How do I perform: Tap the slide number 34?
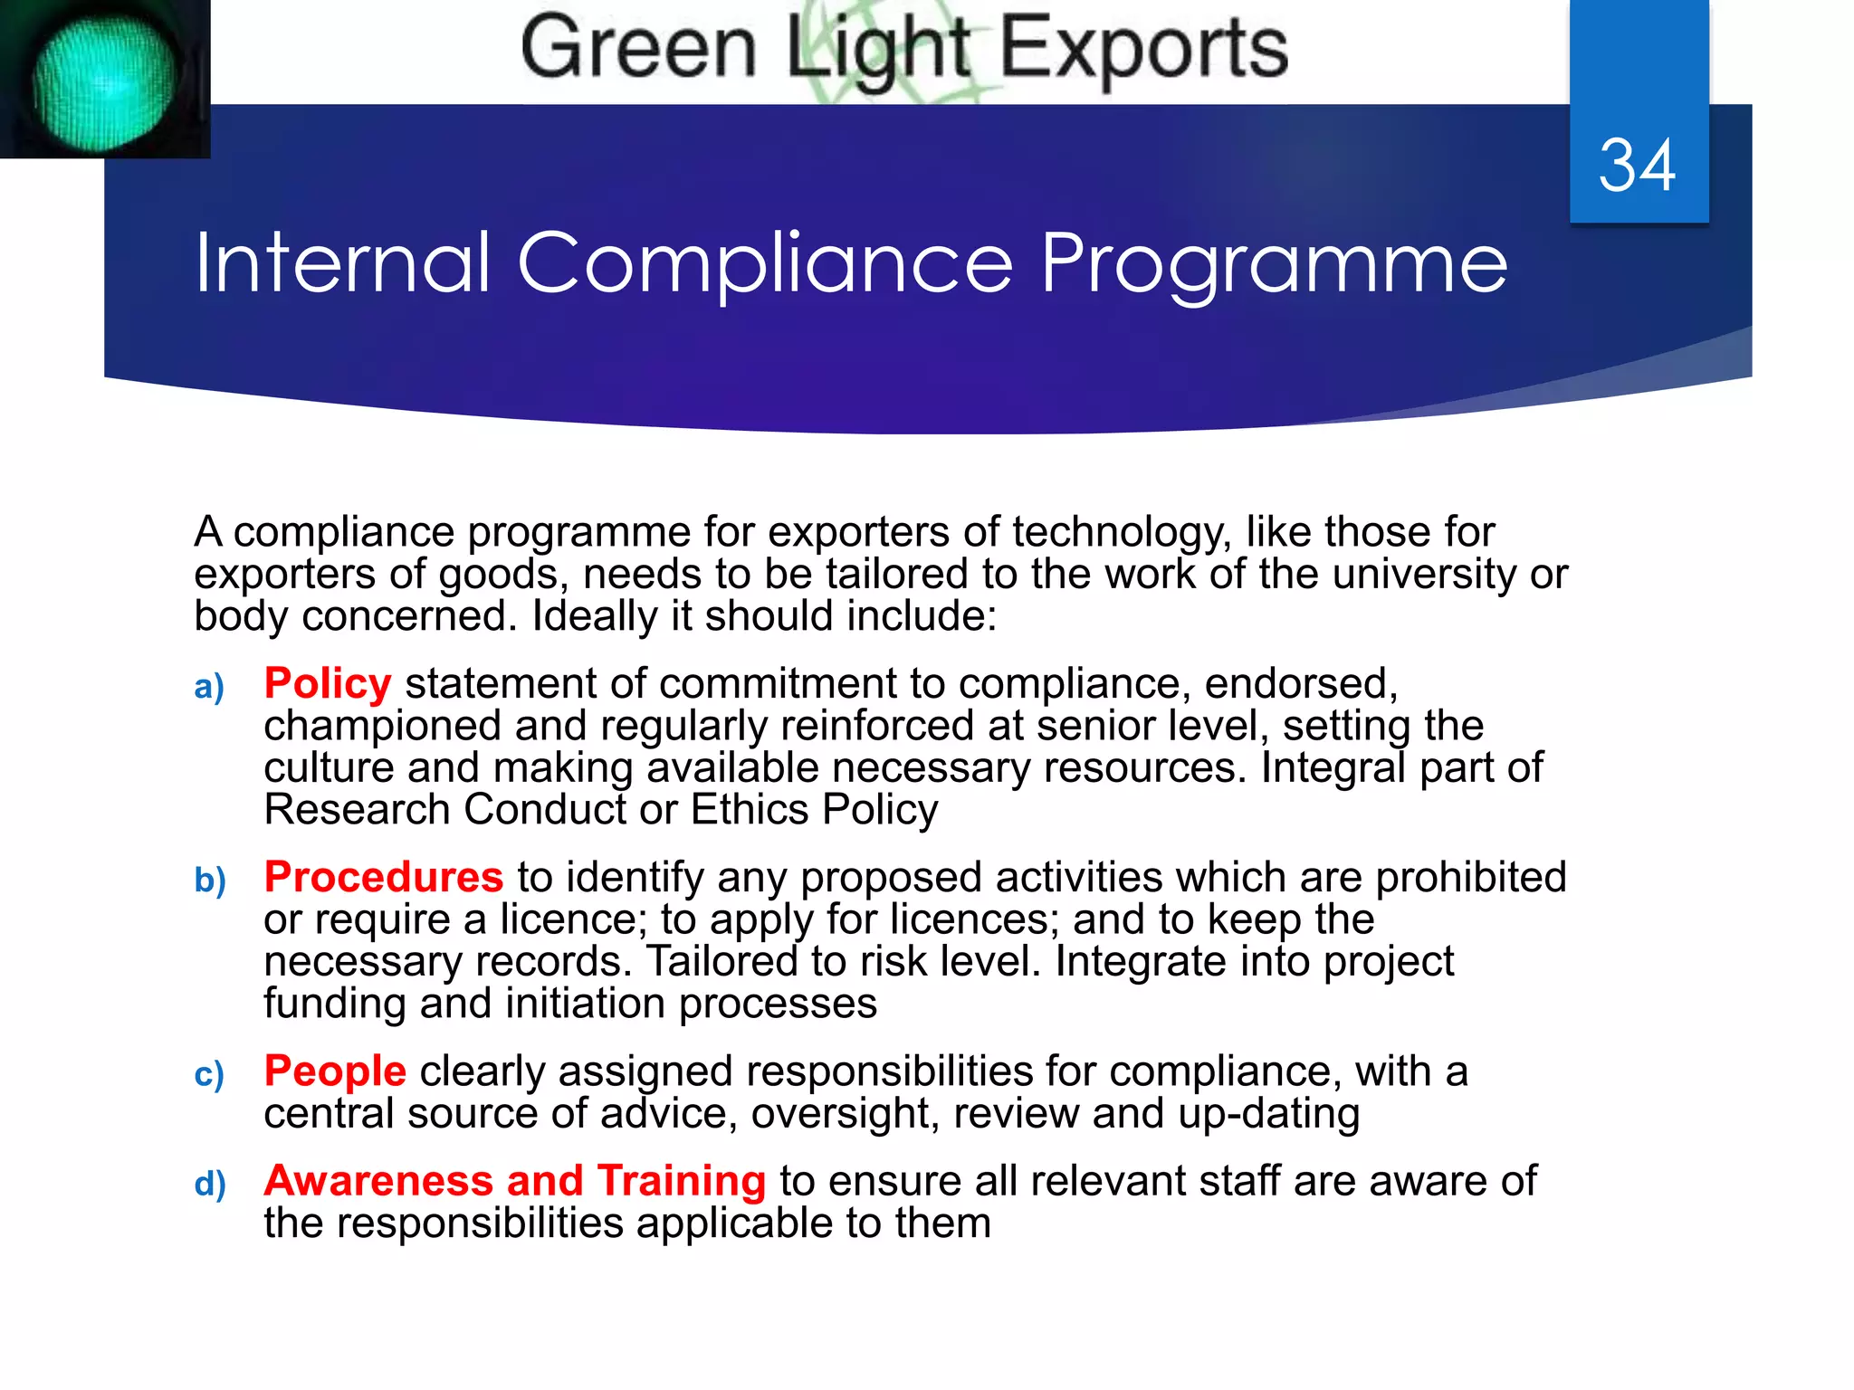pyautogui.click(x=1637, y=166)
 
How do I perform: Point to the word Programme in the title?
pyautogui.click(x=1274, y=264)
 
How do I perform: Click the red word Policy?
pyautogui.click(x=328, y=683)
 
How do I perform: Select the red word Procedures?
pyautogui.click(x=383, y=877)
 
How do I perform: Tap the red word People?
pyautogui.click(x=335, y=1071)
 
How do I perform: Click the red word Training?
pyautogui.click(x=682, y=1181)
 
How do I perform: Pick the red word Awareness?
pyautogui.click(x=378, y=1181)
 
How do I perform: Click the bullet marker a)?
pyautogui.click(x=209, y=688)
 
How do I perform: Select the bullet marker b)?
pyautogui.click(x=210, y=881)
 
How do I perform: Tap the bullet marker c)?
pyautogui.click(x=209, y=1075)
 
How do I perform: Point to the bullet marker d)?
pyautogui.click(x=210, y=1185)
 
